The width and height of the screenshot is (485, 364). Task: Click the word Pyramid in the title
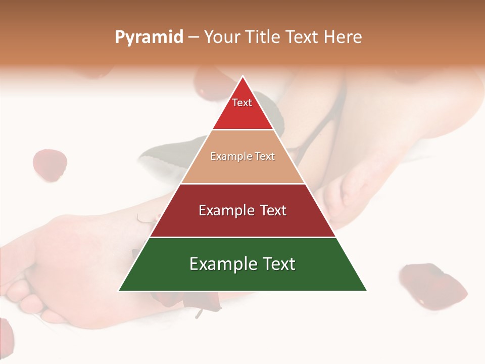pos(149,37)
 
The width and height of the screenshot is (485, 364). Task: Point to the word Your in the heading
pos(222,37)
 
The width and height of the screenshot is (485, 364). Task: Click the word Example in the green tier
pos(220,264)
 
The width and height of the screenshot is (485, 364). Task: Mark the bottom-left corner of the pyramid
pos(119,291)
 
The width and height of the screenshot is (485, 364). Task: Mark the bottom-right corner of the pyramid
pos(367,291)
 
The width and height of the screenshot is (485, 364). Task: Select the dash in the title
pos(193,37)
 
